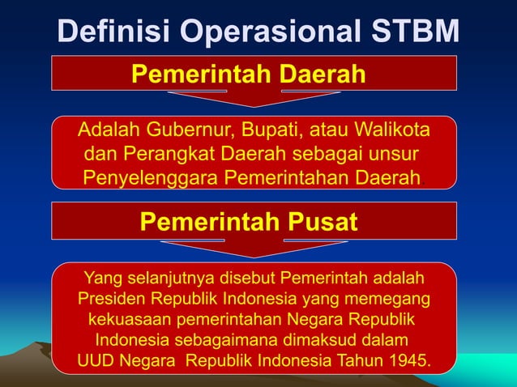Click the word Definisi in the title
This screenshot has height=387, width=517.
tap(114, 32)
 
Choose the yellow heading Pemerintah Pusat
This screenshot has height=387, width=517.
tap(248, 222)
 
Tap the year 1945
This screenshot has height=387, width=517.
tap(407, 359)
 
